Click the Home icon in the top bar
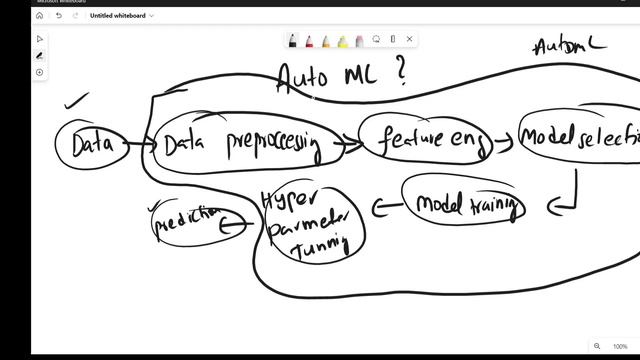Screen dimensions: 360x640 pos(40,16)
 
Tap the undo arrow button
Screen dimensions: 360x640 pos(59,16)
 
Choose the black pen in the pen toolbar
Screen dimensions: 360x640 pos(293,40)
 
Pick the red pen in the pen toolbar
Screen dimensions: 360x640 pos(309,40)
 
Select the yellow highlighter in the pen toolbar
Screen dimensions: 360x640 pos(342,40)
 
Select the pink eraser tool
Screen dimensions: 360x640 pos(359,40)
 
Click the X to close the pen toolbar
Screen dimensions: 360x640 pos(409,39)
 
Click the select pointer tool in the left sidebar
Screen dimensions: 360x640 pos(40,39)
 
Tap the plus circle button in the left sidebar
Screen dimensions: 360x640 pos(40,72)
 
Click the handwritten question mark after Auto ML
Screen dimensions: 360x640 pos(401,75)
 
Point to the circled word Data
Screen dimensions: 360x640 pos(90,145)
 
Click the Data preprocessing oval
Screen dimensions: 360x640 pos(240,146)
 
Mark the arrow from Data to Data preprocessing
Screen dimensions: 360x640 pos(141,146)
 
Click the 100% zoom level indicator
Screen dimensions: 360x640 pos(620,346)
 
